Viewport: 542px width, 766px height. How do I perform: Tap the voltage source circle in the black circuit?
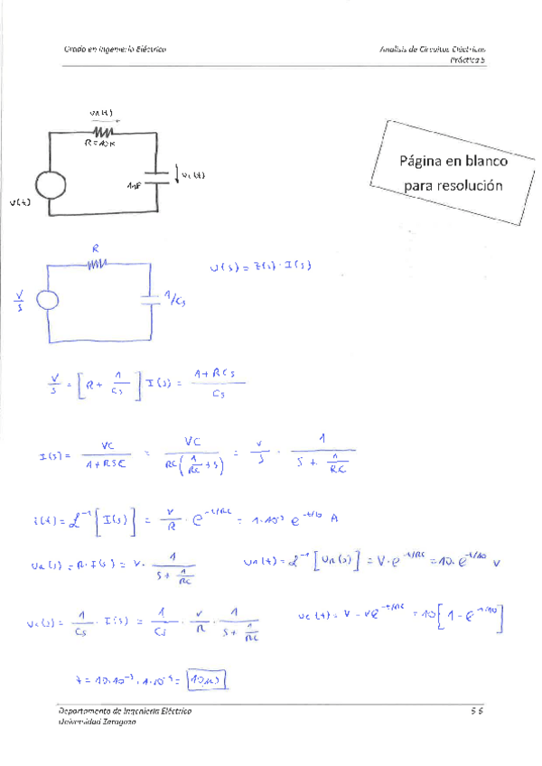pyautogui.click(x=49, y=186)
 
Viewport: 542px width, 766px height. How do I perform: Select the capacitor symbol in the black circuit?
pyautogui.click(x=158, y=175)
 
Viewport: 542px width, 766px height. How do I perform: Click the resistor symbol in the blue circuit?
pyautogui.click(x=97, y=264)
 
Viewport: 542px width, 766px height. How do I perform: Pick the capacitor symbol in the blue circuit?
pyautogui.click(x=148, y=299)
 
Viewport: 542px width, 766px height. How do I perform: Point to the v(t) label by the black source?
pyautogui.click(x=20, y=203)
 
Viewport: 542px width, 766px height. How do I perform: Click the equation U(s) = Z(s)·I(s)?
pyautogui.click(x=259, y=267)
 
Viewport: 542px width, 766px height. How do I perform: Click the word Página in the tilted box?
pyautogui.click(x=423, y=163)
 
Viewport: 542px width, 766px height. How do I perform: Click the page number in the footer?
pyautogui.click(x=478, y=712)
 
